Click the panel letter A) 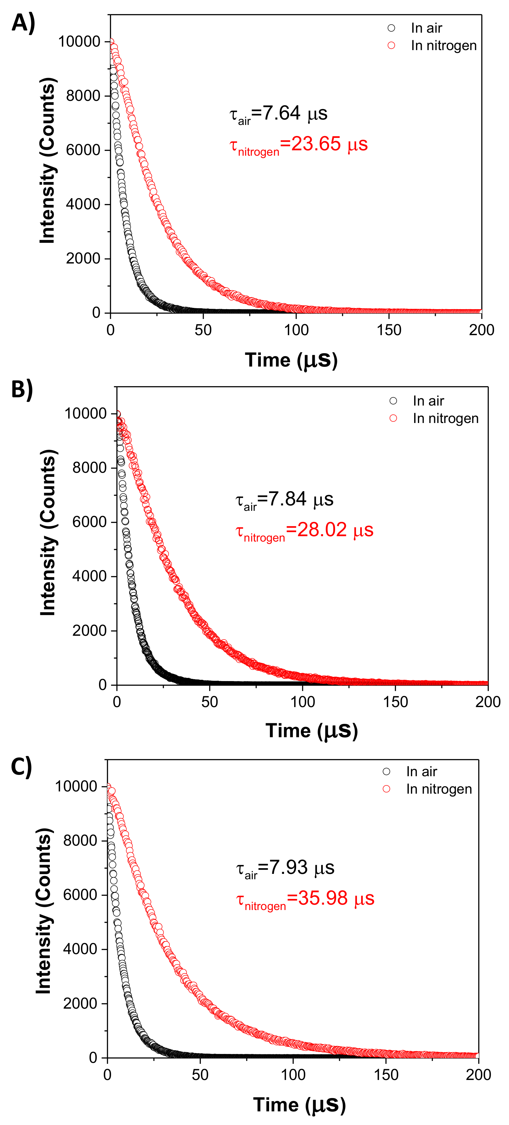tap(23, 23)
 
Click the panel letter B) tap(22, 390)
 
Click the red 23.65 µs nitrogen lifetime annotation tap(298, 145)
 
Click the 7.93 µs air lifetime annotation tap(285, 868)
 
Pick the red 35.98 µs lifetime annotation tap(305, 899)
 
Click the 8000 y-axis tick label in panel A tap(83, 96)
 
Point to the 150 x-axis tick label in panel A tap(389, 330)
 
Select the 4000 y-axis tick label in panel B tap(89, 576)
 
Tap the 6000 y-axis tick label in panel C tap(80, 895)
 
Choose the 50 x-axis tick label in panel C tap(200, 1075)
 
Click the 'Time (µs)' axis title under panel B tap(312, 731)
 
